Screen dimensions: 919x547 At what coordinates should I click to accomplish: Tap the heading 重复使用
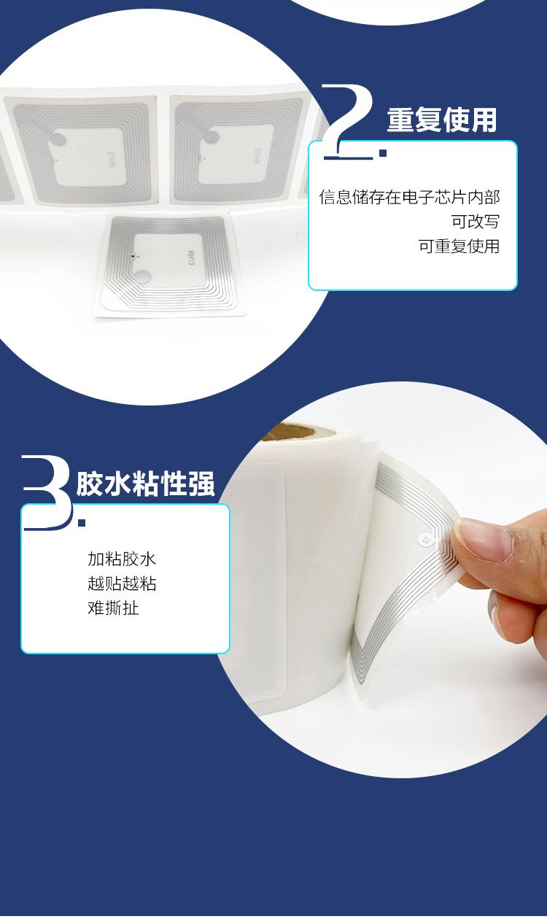point(441,120)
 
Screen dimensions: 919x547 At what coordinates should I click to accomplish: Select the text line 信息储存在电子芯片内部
point(409,197)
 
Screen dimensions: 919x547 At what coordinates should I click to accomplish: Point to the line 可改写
point(475,222)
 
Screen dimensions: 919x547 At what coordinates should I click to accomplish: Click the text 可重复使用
point(459,247)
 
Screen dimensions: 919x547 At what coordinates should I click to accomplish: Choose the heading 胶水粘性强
point(146,484)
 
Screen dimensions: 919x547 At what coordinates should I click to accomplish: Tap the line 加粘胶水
point(122,559)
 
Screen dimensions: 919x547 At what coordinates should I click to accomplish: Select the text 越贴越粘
point(122,583)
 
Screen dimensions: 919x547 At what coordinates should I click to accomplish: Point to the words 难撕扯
point(113,608)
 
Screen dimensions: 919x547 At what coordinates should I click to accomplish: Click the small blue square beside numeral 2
point(382,153)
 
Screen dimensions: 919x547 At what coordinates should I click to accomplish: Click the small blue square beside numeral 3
point(82,522)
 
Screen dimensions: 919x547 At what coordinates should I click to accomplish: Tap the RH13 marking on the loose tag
point(192,257)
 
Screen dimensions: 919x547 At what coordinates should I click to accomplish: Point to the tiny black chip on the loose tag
point(131,256)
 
